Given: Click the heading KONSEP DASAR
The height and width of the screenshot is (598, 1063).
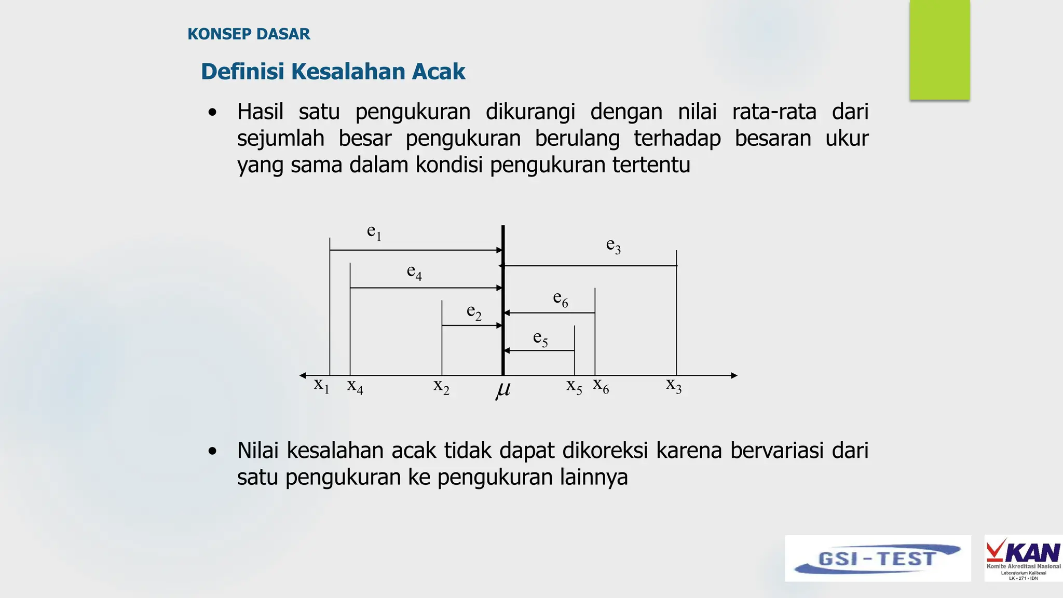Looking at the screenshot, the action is [x=249, y=34].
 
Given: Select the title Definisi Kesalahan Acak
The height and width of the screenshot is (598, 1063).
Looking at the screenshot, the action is [x=333, y=72].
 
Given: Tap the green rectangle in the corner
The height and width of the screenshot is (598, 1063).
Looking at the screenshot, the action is [x=939, y=50].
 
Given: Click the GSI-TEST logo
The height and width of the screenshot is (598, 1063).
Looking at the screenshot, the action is [x=878, y=559].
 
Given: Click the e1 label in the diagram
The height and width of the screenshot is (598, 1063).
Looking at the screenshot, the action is [x=374, y=232].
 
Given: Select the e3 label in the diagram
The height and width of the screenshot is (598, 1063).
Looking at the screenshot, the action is [x=614, y=246].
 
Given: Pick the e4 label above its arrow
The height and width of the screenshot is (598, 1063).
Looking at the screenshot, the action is [x=414, y=272].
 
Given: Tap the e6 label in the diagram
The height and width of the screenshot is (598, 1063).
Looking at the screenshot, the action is [x=561, y=299].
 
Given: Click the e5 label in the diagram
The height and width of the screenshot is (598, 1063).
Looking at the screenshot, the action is [x=541, y=338].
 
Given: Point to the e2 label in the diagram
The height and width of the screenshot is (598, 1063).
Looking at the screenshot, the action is [x=474, y=312].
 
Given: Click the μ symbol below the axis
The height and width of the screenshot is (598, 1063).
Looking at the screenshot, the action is [x=502, y=390].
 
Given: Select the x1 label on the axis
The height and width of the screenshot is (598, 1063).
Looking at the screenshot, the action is [x=322, y=386].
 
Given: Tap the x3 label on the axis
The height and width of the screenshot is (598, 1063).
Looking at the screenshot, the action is [x=674, y=386].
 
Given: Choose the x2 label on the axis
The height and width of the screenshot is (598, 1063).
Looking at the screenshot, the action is [x=442, y=387].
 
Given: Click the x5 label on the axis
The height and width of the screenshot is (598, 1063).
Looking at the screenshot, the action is [x=574, y=387].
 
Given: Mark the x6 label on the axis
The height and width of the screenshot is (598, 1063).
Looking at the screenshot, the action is [x=601, y=386].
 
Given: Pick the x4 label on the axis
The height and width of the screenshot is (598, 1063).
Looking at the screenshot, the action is [x=355, y=387].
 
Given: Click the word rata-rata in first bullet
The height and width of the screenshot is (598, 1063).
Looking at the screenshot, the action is [x=774, y=112].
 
